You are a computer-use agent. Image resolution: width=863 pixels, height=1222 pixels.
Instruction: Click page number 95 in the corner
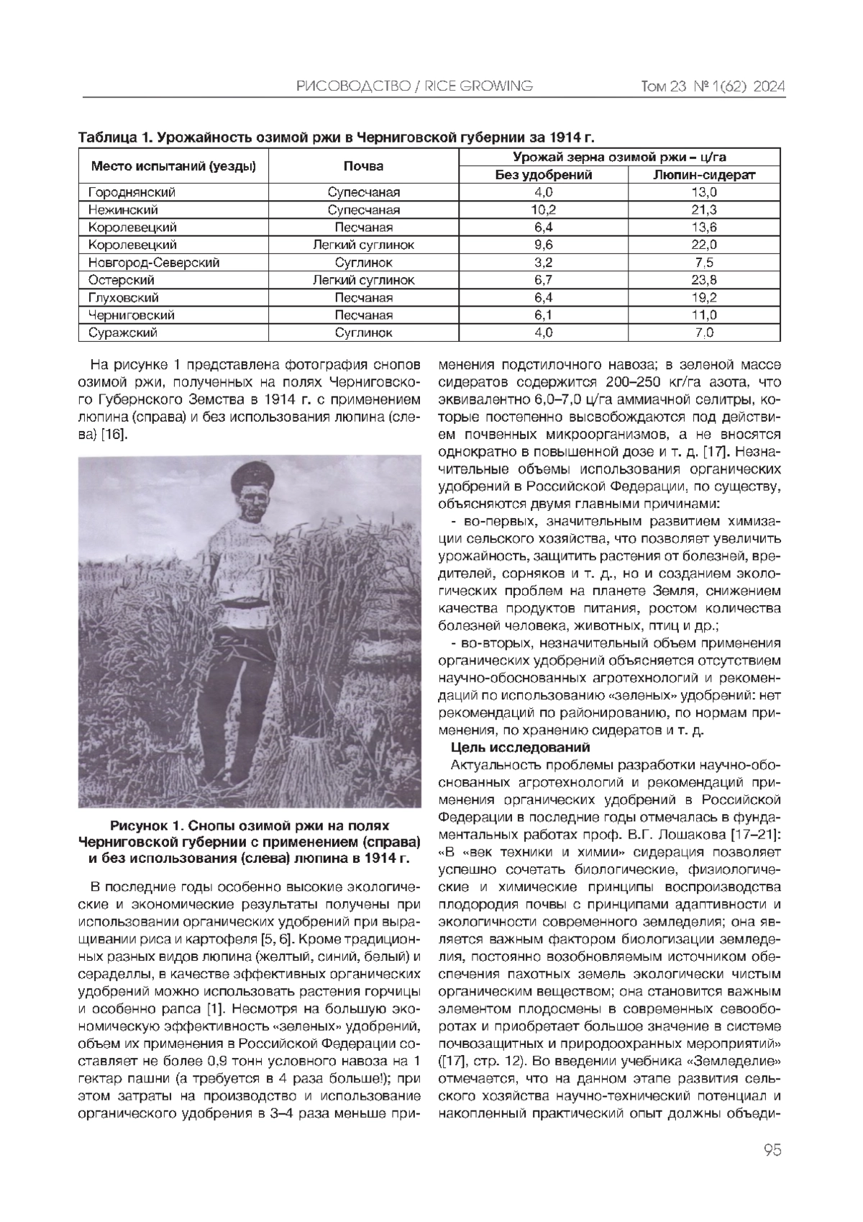(x=772, y=1150)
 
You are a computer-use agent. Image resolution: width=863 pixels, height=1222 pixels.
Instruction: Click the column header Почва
(x=363, y=166)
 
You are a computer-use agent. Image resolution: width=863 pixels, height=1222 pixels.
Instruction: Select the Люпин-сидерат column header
(x=704, y=175)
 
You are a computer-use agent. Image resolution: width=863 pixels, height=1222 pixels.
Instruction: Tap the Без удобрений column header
(x=543, y=175)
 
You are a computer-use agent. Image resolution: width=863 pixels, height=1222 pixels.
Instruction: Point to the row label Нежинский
(x=123, y=210)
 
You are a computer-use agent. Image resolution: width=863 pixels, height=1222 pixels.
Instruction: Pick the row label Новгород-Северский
(x=153, y=263)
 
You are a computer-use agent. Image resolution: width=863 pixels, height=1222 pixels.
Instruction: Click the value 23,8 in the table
(x=704, y=280)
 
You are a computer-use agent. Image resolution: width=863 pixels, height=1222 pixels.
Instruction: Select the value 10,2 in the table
(x=543, y=210)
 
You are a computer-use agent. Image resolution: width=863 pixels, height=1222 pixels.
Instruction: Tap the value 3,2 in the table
(x=543, y=263)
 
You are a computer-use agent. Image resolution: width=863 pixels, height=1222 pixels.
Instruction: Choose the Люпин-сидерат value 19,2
(x=704, y=298)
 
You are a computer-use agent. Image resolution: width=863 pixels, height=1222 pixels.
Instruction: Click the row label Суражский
(x=122, y=332)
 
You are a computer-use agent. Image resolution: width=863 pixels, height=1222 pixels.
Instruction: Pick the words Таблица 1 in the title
(x=114, y=137)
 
